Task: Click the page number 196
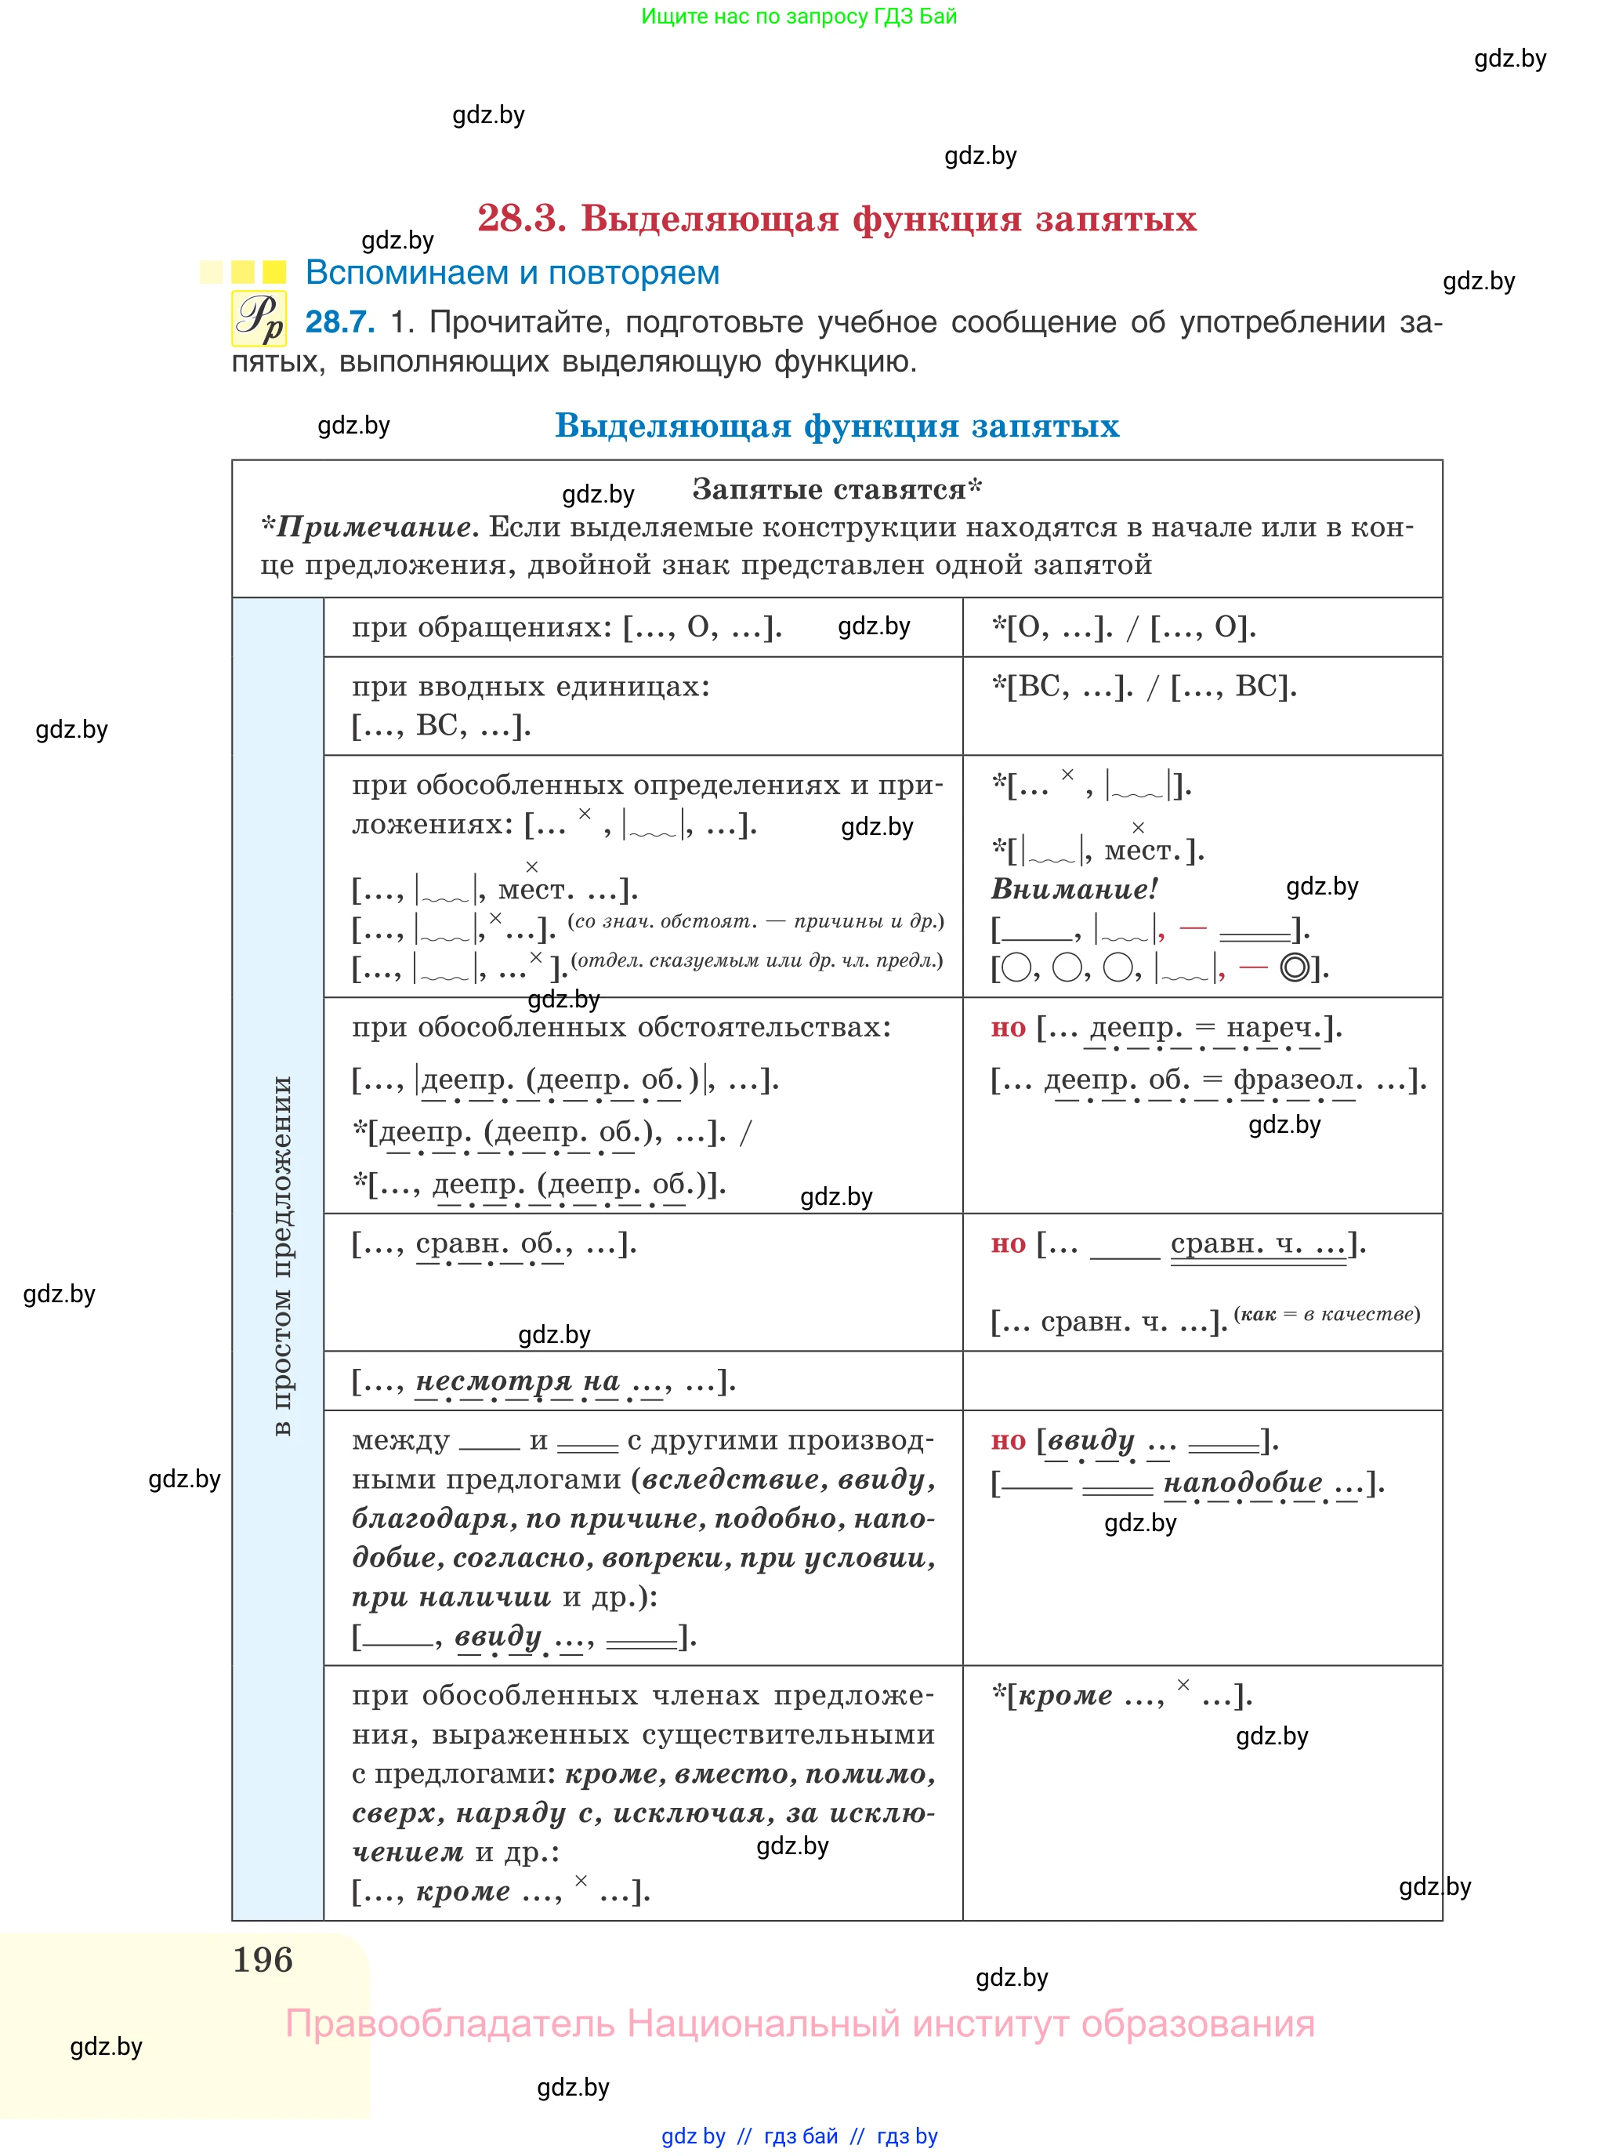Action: coord(263,1959)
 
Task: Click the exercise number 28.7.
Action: coord(339,322)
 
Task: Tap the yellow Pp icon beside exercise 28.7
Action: coord(259,318)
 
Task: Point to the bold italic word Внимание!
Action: coord(1074,888)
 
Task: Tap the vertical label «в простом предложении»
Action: coord(281,1254)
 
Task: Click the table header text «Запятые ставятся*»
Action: coord(836,489)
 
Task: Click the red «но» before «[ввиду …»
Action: coord(1008,1440)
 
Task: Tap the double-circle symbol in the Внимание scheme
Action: coord(1295,967)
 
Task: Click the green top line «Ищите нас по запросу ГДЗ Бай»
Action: coord(799,16)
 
